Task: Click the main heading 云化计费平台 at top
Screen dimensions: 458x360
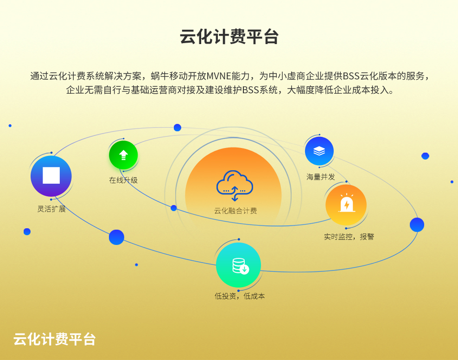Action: click(x=229, y=37)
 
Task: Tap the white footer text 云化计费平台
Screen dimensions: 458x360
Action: click(x=55, y=339)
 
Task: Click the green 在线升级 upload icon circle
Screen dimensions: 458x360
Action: click(x=123, y=155)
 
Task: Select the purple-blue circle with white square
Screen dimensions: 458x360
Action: click(x=51, y=176)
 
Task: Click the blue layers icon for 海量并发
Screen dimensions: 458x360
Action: click(x=319, y=151)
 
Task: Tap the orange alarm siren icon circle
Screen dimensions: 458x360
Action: click(x=346, y=205)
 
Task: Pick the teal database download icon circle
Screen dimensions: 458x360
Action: click(x=238, y=265)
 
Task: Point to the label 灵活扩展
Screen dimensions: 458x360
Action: click(x=51, y=209)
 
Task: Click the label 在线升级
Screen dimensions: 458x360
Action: click(x=123, y=180)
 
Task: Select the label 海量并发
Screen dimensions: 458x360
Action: click(x=320, y=177)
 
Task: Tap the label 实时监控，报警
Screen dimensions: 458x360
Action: click(x=349, y=237)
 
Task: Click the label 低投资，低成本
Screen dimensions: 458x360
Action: click(x=240, y=296)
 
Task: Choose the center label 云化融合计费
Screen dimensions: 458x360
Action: click(x=235, y=211)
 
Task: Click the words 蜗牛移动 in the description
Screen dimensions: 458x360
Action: click(x=169, y=76)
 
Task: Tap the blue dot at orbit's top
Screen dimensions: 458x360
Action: click(x=177, y=128)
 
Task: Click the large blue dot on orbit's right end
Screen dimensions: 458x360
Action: click(x=417, y=225)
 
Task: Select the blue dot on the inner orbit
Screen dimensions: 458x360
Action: click(x=173, y=208)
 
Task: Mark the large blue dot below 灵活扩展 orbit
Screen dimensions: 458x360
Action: click(x=116, y=237)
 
